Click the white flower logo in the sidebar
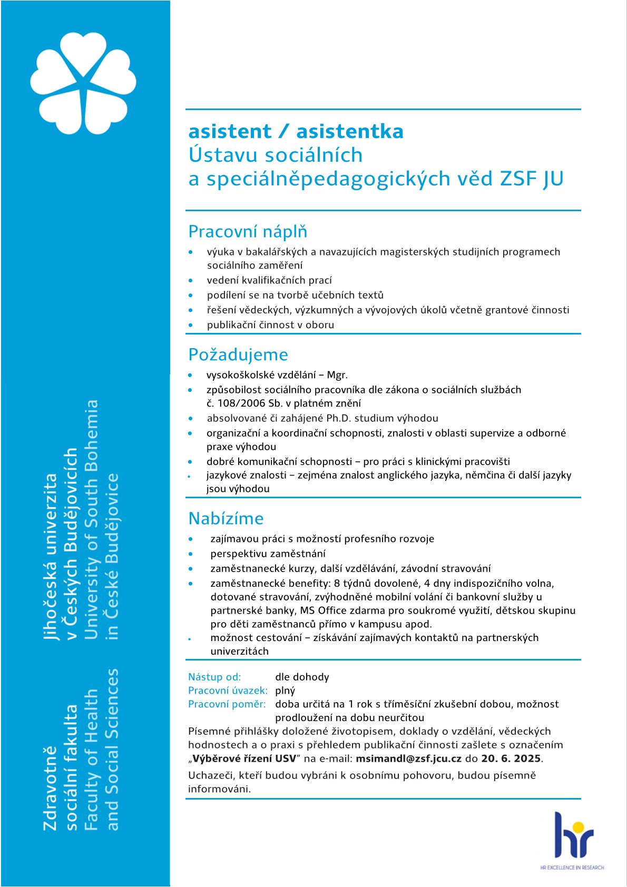pos(83,83)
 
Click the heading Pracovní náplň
pos(248,232)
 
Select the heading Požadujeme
pos(238,354)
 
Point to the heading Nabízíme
pos(226,518)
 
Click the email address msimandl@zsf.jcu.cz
pos(408,758)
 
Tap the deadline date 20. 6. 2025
pos(511,758)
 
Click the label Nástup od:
pos(214,677)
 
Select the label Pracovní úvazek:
pos(228,691)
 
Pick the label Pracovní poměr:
pos(227,704)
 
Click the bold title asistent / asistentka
pos(296,131)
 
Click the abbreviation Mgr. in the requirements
pos(337,375)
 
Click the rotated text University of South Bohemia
pos(91,519)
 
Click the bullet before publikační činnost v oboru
pos(191,325)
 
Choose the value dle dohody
pos(302,677)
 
